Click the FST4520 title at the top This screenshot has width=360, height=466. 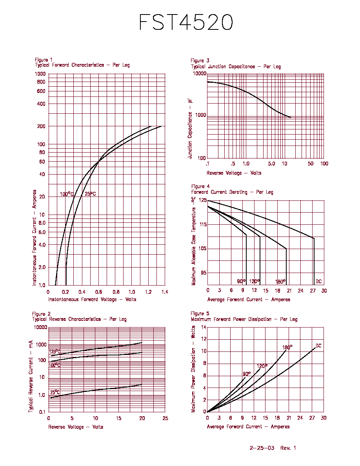pyautogui.click(x=186, y=22)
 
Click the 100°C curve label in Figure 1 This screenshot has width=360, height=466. pyautogui.click(x=67, y=194)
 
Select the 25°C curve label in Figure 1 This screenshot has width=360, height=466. pyautogui.click(x=90, y=194)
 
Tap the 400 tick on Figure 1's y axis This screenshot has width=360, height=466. pyautogui.click(x=41, y=104)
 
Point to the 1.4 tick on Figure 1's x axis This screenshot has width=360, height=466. pyautogui.click(x=165, y=292)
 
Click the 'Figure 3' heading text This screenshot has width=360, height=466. pyautogui.click(x=200, y=60)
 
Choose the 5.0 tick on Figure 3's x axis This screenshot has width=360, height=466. pyautogui.click(x=271, y=164)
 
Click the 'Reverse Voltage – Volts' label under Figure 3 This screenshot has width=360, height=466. pyautogui.click(x=234, y=173)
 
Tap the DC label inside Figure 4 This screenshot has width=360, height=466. pyautogui.click(x=318, y=281)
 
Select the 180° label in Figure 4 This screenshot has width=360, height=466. pyautogui.click(x=280, y=281)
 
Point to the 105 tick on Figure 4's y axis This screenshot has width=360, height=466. pyautogui.click(x=203, y=248)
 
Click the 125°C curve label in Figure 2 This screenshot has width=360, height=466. pyautogui.click(x=55, y=352)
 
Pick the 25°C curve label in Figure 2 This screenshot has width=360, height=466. pyautogui.click(x=55, y=392)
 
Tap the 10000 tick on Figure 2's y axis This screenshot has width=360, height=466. pyautogui.click(x=41, y=327)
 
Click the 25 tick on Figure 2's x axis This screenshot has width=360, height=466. pyautogui.click(x=165, y=418)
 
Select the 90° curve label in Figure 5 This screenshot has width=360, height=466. pyautogui.click(x=247, y=373)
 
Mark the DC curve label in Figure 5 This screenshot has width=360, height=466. pyautogui.click(x=318, y=346)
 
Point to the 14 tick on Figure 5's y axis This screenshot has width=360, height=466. pyautogui.click(x=204, y=327)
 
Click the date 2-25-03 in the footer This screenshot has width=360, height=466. pyautogui.click(x=262, y=448)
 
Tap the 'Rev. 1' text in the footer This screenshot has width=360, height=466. pyautogui.click(x=288, y=448)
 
